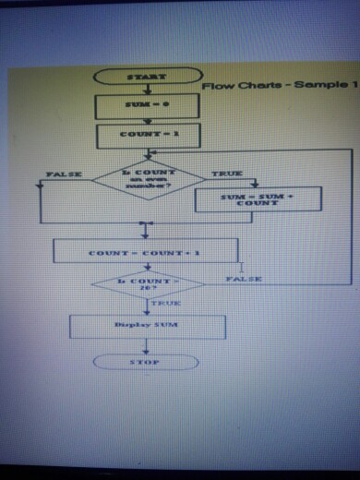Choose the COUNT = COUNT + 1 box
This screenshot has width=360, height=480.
click(x=146, y=251)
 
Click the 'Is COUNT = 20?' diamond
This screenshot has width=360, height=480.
click(x=148, y=283)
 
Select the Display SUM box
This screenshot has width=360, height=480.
click(x=148, y=326)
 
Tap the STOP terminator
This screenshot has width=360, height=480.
click(x=146, y=362)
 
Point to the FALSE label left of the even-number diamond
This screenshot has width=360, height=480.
click(x=63, y=174)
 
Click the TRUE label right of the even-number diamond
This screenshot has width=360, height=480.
click(x=226, y=174)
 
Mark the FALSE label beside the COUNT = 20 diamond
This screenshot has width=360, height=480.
click(x=244, y=278)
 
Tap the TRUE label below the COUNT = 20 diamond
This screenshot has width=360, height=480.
click(x=166, y=302)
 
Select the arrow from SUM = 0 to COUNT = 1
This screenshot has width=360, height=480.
click(x=146, y=120)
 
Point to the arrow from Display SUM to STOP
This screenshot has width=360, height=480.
click(x=146, y=345)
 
